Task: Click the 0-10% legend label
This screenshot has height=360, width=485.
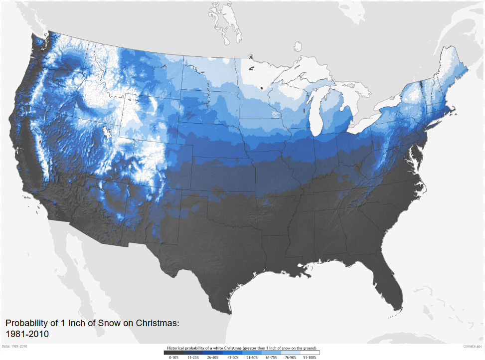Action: [x=173, y=358]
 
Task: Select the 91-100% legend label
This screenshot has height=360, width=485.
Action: [x=309, y=358]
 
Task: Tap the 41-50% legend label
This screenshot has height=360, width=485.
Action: [x=232, y=358]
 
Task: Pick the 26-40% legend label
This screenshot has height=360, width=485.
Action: [x=212, y=358]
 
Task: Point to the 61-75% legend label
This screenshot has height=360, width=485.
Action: [x=270, y=358]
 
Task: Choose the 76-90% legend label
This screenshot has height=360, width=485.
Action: [x=290, y=358]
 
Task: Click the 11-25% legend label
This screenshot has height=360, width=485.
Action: [x=193, y=358]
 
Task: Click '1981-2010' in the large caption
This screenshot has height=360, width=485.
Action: [x=27, y=334]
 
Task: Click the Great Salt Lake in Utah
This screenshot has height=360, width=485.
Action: [x=107, y=133]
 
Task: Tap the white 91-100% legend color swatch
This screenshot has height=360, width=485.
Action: [x=309, y=353]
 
